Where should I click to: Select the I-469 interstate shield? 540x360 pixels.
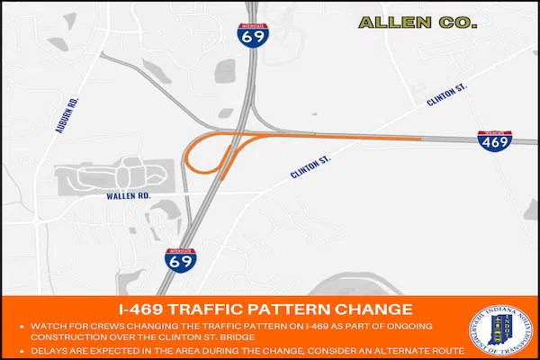[495, 139]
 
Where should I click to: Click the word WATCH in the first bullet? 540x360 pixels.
[46, 324]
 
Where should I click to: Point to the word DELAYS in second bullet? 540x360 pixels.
[48, 348]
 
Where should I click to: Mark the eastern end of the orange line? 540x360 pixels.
[419, 139]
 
